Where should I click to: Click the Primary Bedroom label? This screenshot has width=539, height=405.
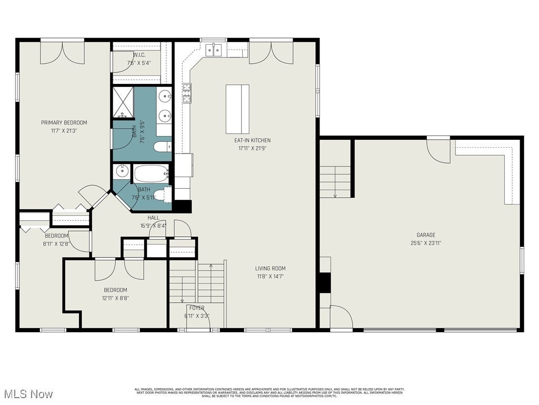click(64, 123)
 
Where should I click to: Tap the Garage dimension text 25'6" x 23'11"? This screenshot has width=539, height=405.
click(426, 243)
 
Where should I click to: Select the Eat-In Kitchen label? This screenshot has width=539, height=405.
click(253, 140)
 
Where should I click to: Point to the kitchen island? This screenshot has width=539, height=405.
click(237, 109)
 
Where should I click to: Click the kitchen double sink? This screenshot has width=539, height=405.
click(214, 51)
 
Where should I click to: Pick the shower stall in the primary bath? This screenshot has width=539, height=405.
click(123, 102)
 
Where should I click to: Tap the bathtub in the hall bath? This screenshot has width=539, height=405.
click(151, 173)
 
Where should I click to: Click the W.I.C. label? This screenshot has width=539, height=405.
click(139, 55)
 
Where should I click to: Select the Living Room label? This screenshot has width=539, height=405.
click(271, 268)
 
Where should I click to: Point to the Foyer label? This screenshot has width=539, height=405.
click(197, 308)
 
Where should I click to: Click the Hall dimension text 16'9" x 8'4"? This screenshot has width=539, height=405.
click(153, 226)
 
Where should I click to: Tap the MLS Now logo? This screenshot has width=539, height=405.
click(27, 394)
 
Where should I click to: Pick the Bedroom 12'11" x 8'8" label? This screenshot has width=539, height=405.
click(115, 290)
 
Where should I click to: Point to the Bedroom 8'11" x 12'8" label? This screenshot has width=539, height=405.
click(56, 236)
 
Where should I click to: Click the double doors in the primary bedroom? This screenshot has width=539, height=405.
click(63, 52)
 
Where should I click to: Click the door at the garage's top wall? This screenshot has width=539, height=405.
click(438, 150)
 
